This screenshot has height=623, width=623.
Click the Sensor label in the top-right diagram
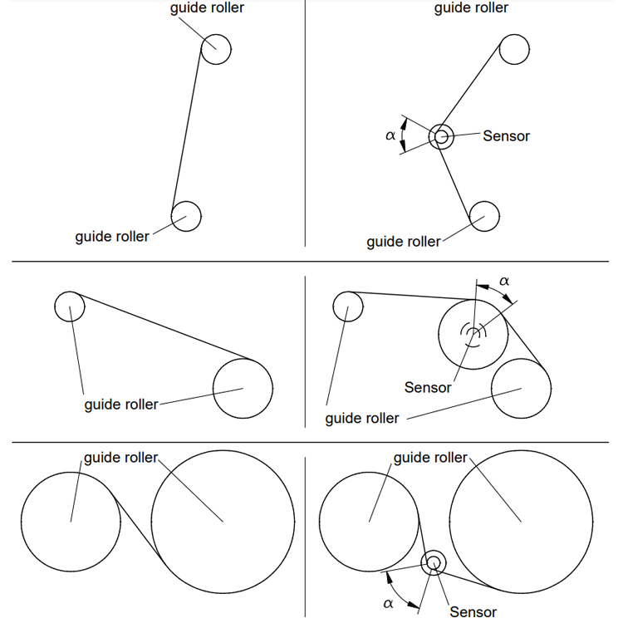tap(506, 136)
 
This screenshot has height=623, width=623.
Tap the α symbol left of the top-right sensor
tap(390, 135)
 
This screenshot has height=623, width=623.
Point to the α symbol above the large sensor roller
tap(504, 281)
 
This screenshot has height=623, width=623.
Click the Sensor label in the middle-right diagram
tap(428, 387)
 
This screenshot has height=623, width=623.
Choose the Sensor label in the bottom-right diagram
tap(473, 612)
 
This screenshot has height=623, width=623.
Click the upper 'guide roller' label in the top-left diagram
tap(207, 8)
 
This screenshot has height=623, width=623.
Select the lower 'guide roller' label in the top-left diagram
tap(112, 237)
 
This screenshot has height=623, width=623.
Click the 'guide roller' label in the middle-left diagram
tap(121, 405)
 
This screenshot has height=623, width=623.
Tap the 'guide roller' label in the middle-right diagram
tap(362, 419)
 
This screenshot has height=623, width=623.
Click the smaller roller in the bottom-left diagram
tap(21, 522)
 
